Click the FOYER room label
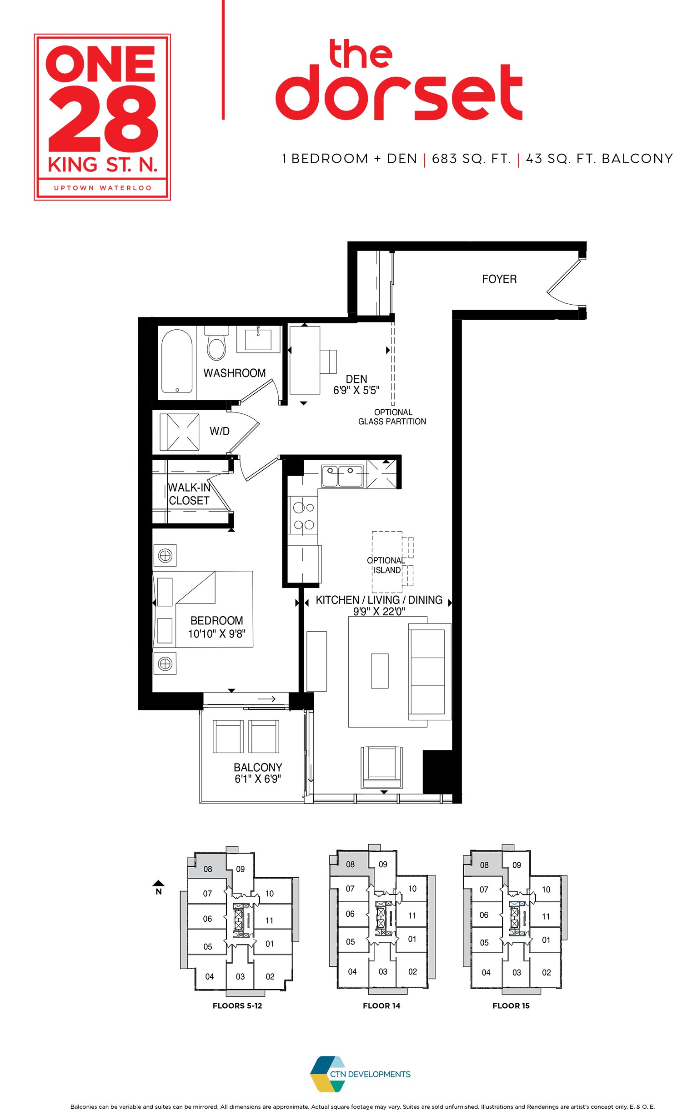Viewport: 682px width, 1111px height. pos(499,279)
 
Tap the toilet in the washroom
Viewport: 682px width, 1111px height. pos(216,346)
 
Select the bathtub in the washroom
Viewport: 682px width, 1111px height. pos(177,361)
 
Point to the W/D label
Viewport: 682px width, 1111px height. pos(220,431)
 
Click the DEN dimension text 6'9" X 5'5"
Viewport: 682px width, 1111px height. pos(356,390)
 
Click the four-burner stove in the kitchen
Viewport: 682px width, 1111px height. pos(303,516)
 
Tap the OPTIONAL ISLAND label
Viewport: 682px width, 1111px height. pos(386,565)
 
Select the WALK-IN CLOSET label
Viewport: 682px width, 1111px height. pos(189,494)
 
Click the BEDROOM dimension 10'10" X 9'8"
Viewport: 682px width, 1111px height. pos(217,633)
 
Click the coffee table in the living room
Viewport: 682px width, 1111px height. pos(380,671)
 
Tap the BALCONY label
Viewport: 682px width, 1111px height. pos(258,767)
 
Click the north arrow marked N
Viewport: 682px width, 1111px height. pos(158,887)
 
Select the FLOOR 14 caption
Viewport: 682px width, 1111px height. pos(381,1005)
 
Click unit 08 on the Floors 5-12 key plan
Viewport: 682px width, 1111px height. pos(208,869)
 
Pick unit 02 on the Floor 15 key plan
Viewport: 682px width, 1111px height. pos(547,972)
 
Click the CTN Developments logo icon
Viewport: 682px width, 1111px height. pos(327,1074)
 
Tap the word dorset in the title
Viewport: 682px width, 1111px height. pos(399,93)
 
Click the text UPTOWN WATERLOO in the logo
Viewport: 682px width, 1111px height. pos(102,188)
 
